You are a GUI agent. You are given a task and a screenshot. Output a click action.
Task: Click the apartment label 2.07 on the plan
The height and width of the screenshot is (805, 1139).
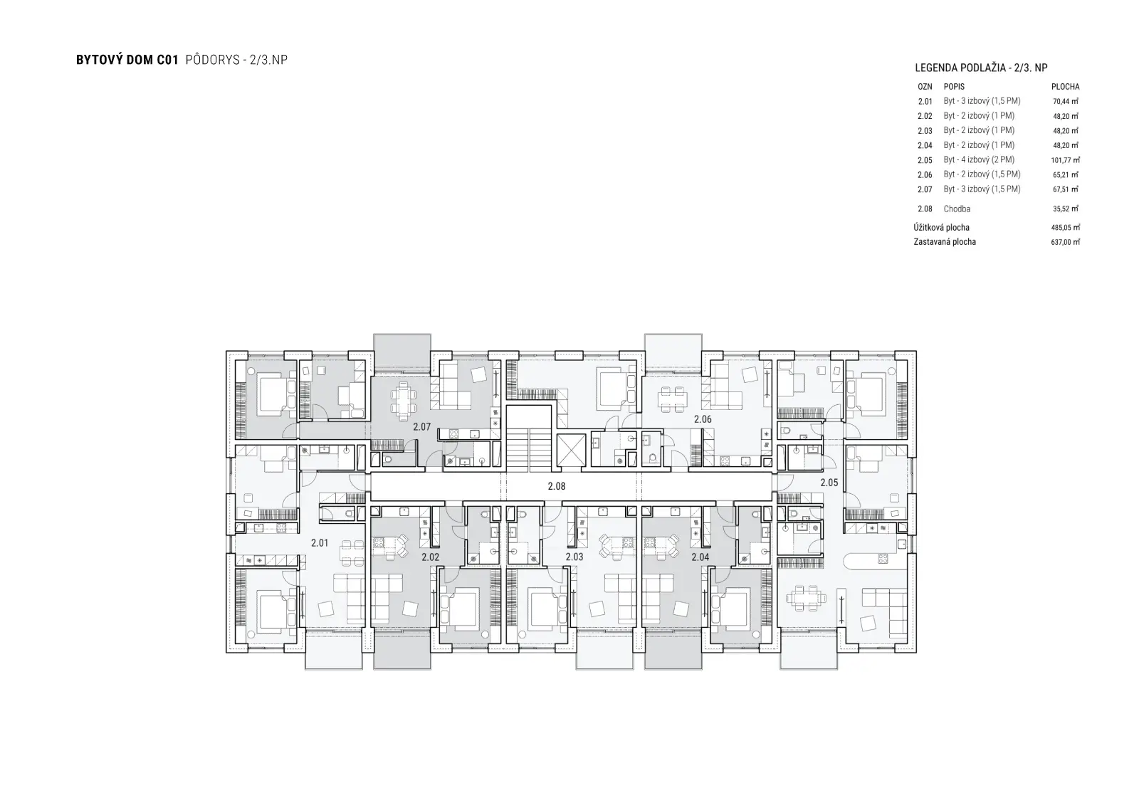[x=421, y=426]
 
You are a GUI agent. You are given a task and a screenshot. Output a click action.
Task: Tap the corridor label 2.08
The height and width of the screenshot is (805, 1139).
[x=556, y=486]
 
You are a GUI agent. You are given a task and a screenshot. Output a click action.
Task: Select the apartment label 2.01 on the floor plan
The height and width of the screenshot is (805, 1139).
[x=320, y=543]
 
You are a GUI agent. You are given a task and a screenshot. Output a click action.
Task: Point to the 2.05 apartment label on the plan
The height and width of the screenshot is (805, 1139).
[x=829, y=483]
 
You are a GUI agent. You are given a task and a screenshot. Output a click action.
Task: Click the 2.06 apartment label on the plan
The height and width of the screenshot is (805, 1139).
[x=703, y=419]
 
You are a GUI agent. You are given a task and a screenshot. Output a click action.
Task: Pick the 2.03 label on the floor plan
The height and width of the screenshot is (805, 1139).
[x=574, y=557]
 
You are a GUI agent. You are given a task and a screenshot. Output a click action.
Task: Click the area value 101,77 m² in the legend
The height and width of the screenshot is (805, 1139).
[x=1065, y=160]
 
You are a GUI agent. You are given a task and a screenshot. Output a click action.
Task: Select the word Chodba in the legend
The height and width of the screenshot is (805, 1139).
[x=957, y=209]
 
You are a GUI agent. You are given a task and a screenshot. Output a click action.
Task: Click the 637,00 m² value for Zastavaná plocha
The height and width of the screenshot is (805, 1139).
[x=1065, y=242]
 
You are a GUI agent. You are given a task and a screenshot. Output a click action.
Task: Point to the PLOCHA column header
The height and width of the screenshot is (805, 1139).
[x=1065, y=87]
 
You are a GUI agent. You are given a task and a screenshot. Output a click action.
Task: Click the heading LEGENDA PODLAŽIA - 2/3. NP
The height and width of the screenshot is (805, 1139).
[x=982, y=68]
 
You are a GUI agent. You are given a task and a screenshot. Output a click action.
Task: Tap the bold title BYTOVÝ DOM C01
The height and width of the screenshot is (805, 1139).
[x=127, y=60]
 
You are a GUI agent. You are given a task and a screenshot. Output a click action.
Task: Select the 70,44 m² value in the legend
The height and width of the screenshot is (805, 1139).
[x=1066, y=101]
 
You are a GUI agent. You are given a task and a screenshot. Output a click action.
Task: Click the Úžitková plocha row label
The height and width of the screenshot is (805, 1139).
[x=941, y=227]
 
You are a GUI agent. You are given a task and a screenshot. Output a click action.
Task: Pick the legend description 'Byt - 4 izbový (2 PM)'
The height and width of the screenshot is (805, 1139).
[x=979, y=159]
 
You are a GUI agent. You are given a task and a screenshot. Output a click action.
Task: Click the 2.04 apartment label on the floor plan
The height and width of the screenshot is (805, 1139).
[x=700, y=557]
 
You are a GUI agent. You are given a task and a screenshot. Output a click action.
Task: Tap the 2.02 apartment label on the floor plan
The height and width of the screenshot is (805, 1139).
[x=430, y=557]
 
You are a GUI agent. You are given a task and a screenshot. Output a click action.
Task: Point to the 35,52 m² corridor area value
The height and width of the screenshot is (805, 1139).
[x=1066, y=209]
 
